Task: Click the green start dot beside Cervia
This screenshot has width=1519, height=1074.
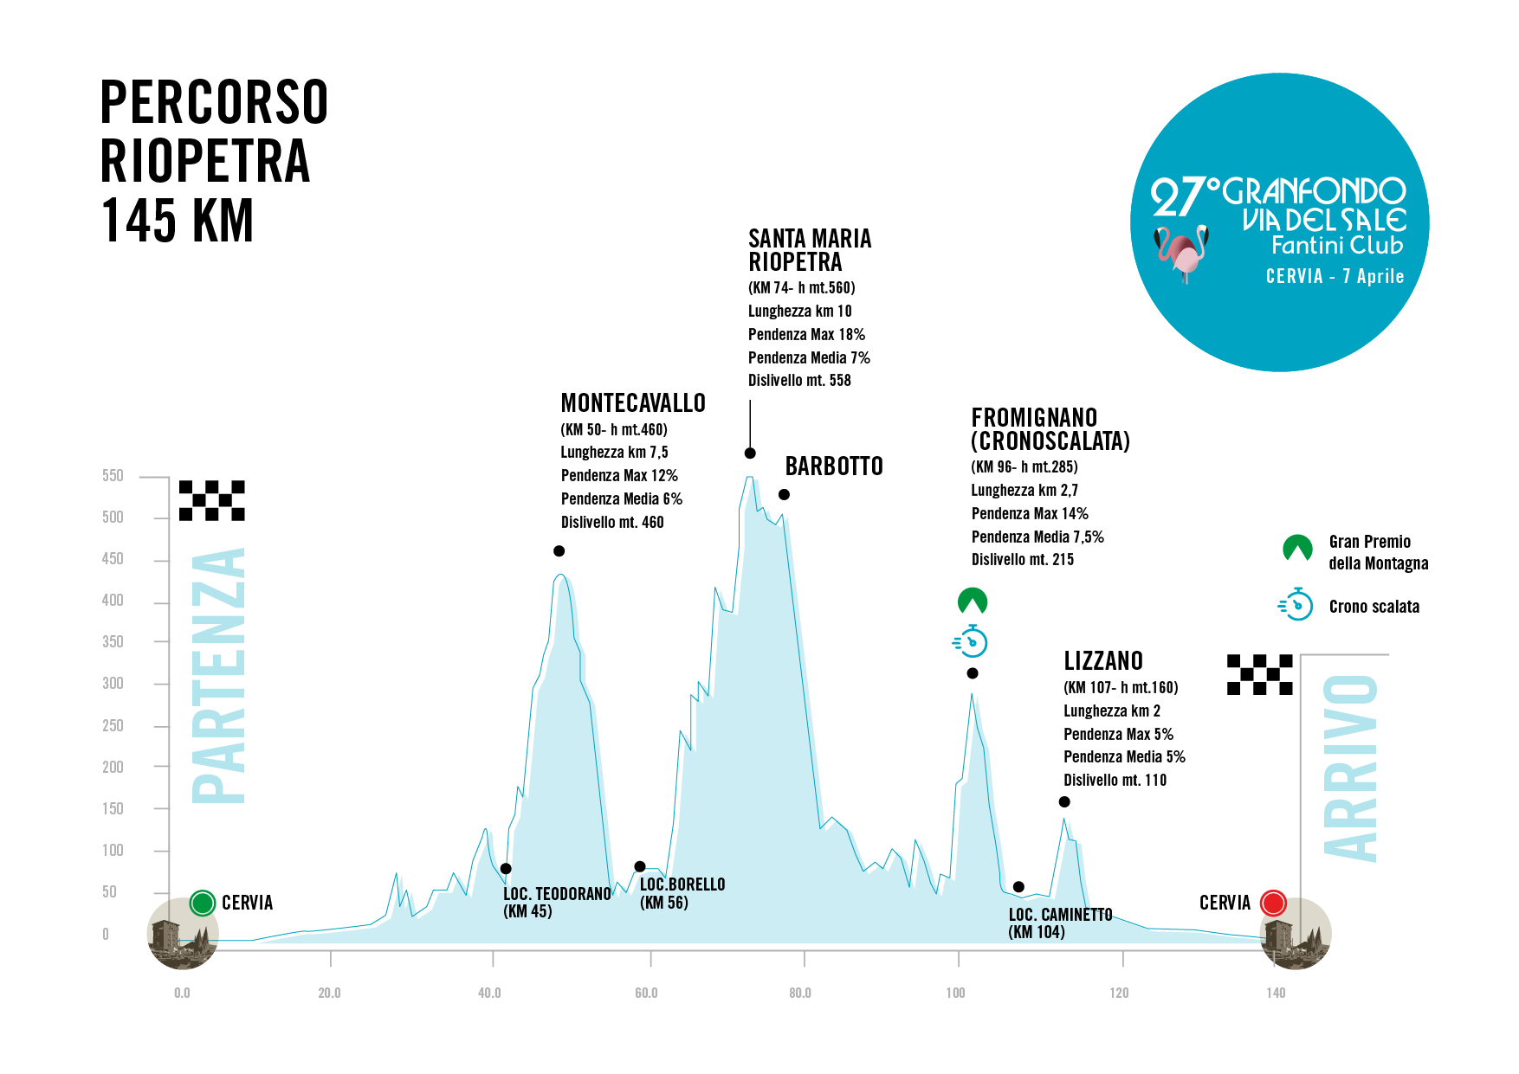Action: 202,903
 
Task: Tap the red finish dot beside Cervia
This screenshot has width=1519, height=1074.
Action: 1273,903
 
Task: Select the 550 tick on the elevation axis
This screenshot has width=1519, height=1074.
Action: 113,476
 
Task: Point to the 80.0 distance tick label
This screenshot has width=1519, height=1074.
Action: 800,993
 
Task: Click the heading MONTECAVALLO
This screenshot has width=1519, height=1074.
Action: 633,403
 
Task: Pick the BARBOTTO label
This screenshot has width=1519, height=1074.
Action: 834,466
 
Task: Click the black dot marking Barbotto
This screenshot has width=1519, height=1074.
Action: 784,495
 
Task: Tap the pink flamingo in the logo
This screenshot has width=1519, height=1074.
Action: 1181,251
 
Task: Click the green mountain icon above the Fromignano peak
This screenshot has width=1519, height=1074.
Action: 973,601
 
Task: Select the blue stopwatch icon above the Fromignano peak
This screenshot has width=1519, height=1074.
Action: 972,641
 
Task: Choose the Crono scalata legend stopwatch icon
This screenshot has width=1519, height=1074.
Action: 1296,604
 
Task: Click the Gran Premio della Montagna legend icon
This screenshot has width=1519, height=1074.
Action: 1297,548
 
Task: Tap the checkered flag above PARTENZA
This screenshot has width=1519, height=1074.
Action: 212,500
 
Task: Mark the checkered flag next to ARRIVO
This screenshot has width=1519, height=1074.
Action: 1260,674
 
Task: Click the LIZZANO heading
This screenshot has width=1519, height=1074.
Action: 1103,661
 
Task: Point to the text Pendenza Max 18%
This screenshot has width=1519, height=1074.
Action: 806,335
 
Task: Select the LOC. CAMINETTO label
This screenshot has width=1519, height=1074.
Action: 1060,915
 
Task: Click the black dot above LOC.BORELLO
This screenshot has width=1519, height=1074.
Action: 640,866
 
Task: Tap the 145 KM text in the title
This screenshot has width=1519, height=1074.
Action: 178,221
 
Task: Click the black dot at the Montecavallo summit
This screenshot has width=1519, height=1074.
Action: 559,551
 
